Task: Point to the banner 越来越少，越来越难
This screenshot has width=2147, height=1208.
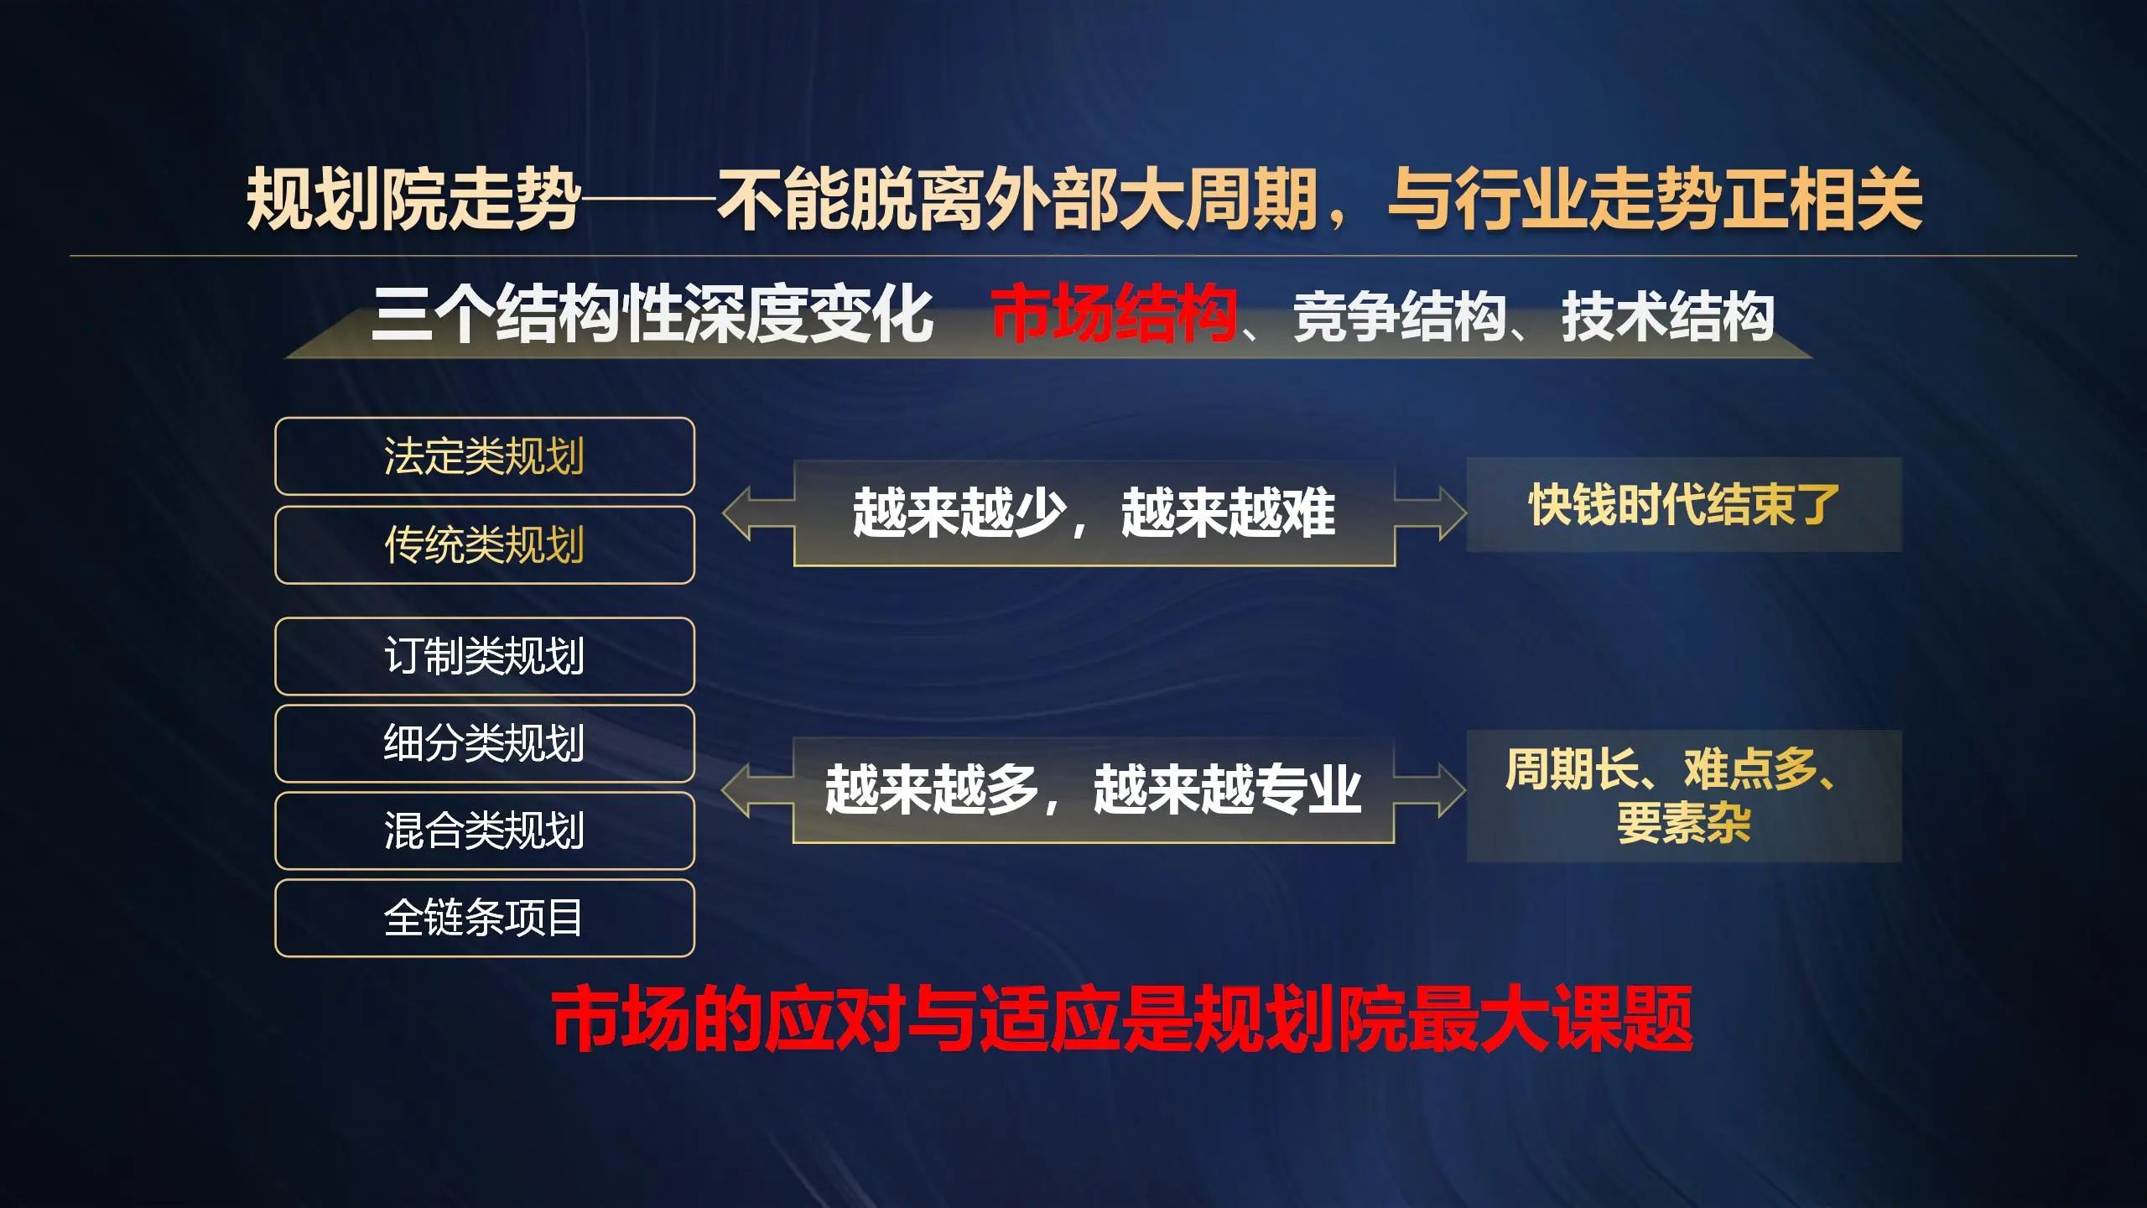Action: (x=1094, y=513)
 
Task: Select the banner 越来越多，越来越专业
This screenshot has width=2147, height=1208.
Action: (x=1094, y=790)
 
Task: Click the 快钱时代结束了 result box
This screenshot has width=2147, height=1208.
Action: (x=1684, y=504)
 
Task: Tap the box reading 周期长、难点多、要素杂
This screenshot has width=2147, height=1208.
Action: (x=1684, y=796)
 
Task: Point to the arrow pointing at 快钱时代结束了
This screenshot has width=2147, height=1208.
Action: (x=1431, y=513)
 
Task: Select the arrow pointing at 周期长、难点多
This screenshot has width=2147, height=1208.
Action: (x=1430, y=790)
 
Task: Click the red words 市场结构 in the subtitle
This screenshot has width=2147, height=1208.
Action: (x=1114, y=315)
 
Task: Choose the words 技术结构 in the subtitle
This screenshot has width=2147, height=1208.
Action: (x=1667, y=317)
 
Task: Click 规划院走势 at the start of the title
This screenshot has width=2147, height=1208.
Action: (x=413, y=199)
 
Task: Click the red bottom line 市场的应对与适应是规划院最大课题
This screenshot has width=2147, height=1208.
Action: (x=1122, y=1018)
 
